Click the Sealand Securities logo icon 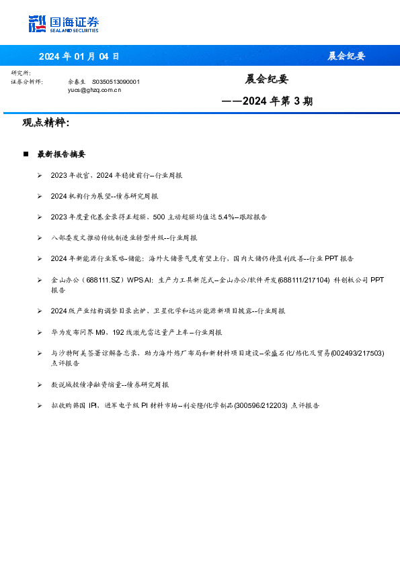pos(37,24)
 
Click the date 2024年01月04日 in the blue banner pos(79,56)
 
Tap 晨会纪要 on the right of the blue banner pos(346,56)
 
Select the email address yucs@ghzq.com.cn pos(95,89)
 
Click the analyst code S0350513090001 pos(116,81)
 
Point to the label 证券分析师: pos(27,81)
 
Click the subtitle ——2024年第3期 pos(267,101)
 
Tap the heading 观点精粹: pos(46,123)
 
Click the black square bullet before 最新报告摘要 pos(26,154)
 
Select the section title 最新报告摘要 pos(61,154)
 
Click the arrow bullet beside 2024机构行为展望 pos(40,197)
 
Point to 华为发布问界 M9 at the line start pos(79,332)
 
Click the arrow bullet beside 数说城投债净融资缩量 pos(40,385)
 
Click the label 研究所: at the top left pos(22,73)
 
